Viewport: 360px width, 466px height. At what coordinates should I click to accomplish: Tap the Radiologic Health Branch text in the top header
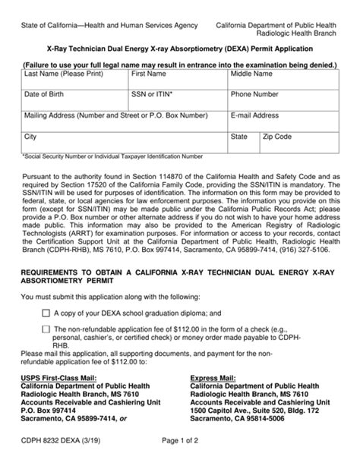click(294, 34)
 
